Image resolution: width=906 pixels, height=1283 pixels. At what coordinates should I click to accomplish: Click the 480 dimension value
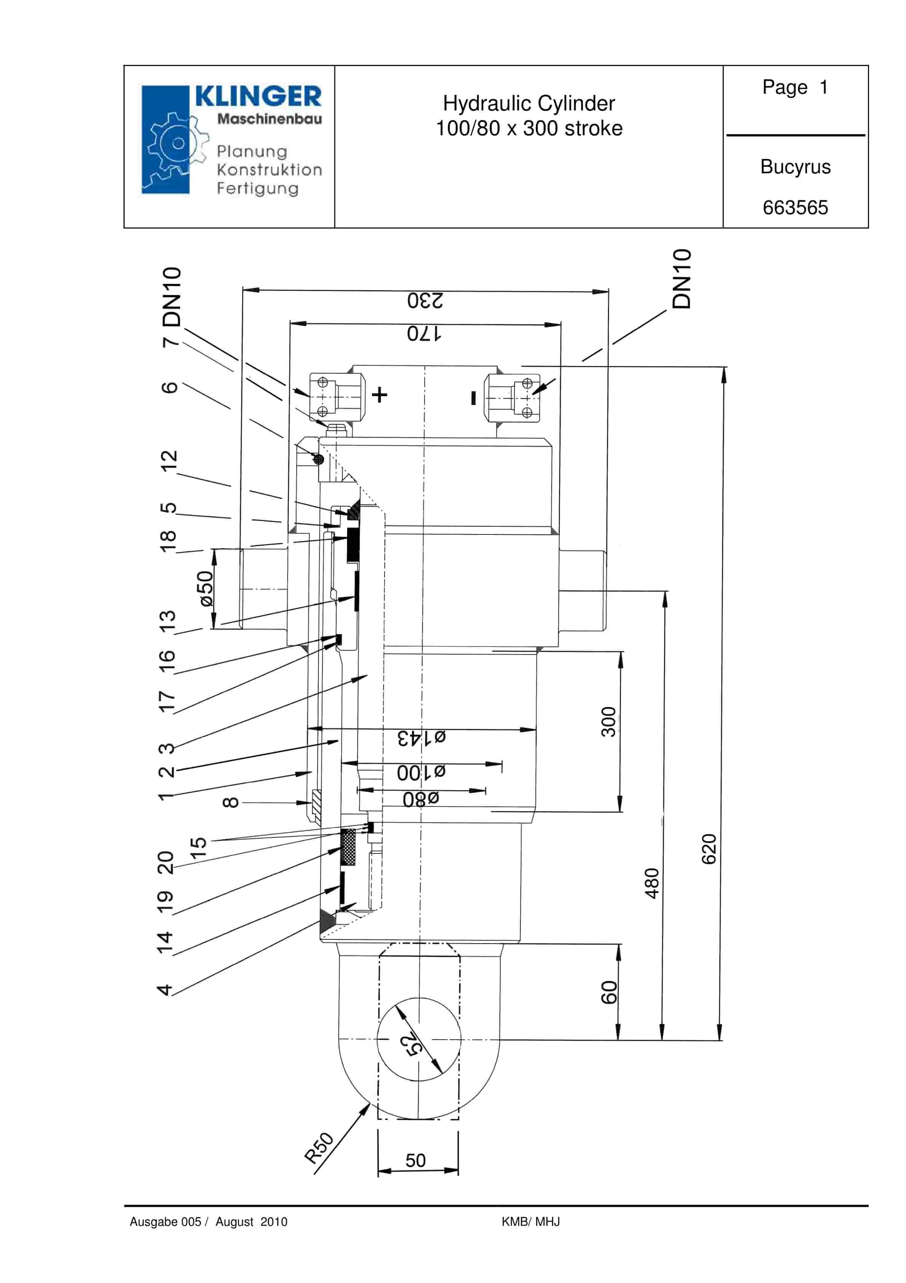[x=652, y=883]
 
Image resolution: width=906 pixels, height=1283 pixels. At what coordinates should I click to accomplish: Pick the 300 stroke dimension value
[x=608, y=722]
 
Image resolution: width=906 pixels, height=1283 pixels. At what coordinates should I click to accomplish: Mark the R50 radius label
[x=318, y=1147]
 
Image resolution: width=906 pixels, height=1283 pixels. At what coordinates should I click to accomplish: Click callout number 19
[x=165, y=901]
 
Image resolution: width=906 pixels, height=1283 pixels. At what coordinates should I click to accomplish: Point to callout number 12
[x=168, y=461]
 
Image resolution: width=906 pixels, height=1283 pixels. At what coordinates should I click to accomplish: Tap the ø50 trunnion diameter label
[x=206, y=589]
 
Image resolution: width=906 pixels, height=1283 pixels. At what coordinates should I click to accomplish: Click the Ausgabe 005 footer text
[x=165, y=1222]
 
